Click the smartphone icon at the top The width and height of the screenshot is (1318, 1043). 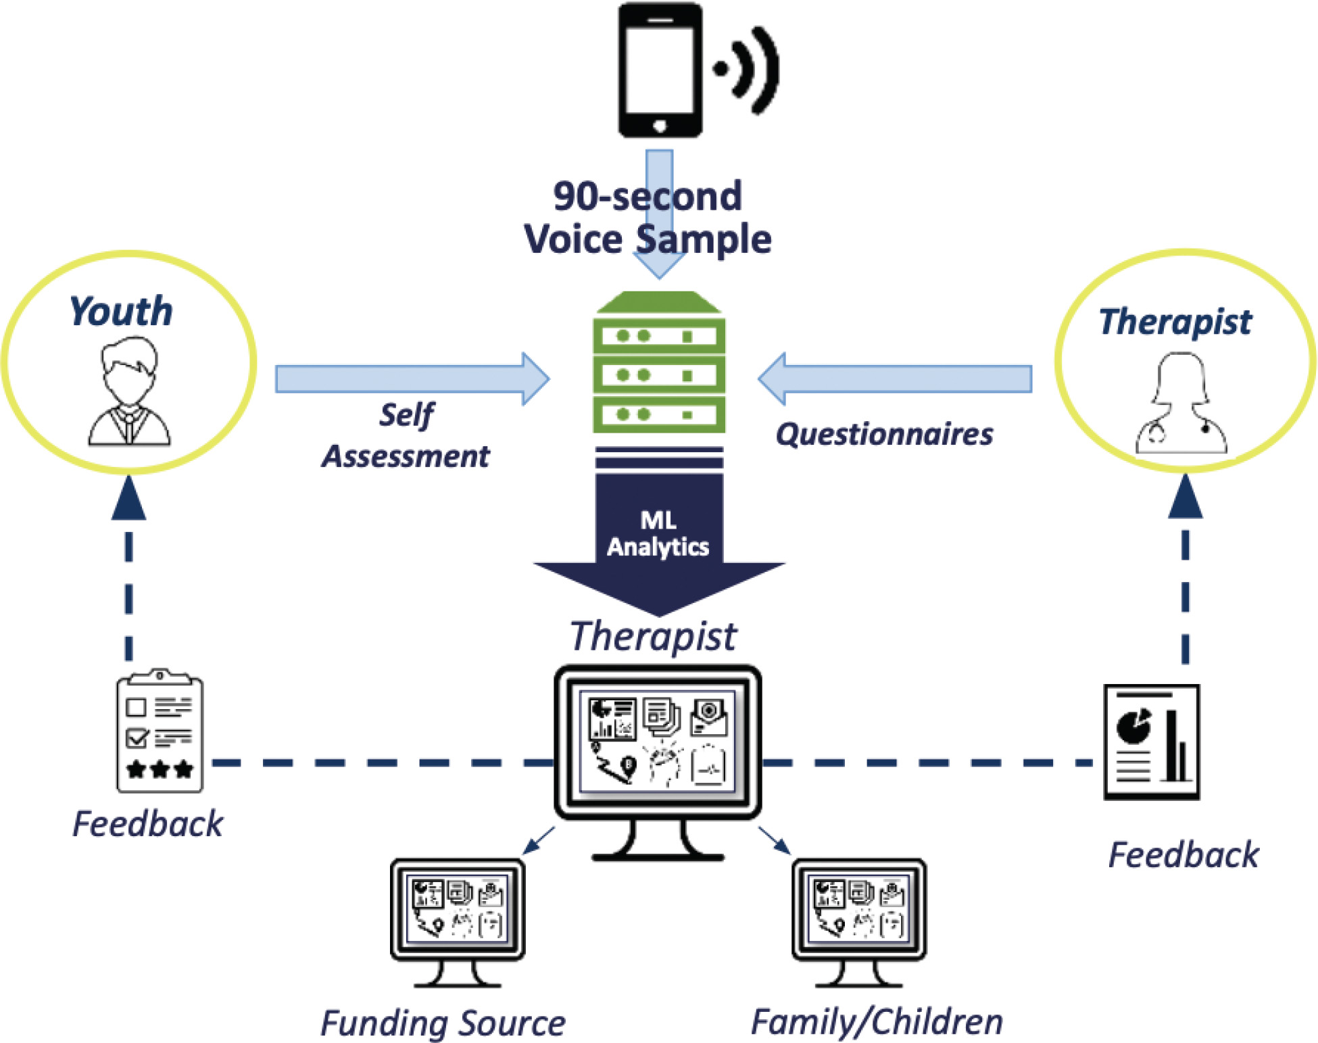tap(660, 70)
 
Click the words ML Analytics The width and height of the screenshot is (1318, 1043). tap(658, 533)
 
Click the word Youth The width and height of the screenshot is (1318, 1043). tap(122, 312)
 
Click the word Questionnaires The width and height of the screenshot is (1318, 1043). tap(884, 434)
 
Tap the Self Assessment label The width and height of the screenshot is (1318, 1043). tap(406, 435)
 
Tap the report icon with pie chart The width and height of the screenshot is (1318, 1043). tap(1152, 742)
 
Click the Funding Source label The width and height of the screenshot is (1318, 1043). tap(443, 1023)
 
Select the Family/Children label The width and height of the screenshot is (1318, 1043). tap(877, 1021)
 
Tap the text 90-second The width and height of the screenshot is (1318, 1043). tap(648, 196)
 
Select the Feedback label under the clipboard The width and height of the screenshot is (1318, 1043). tap(147, 823)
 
